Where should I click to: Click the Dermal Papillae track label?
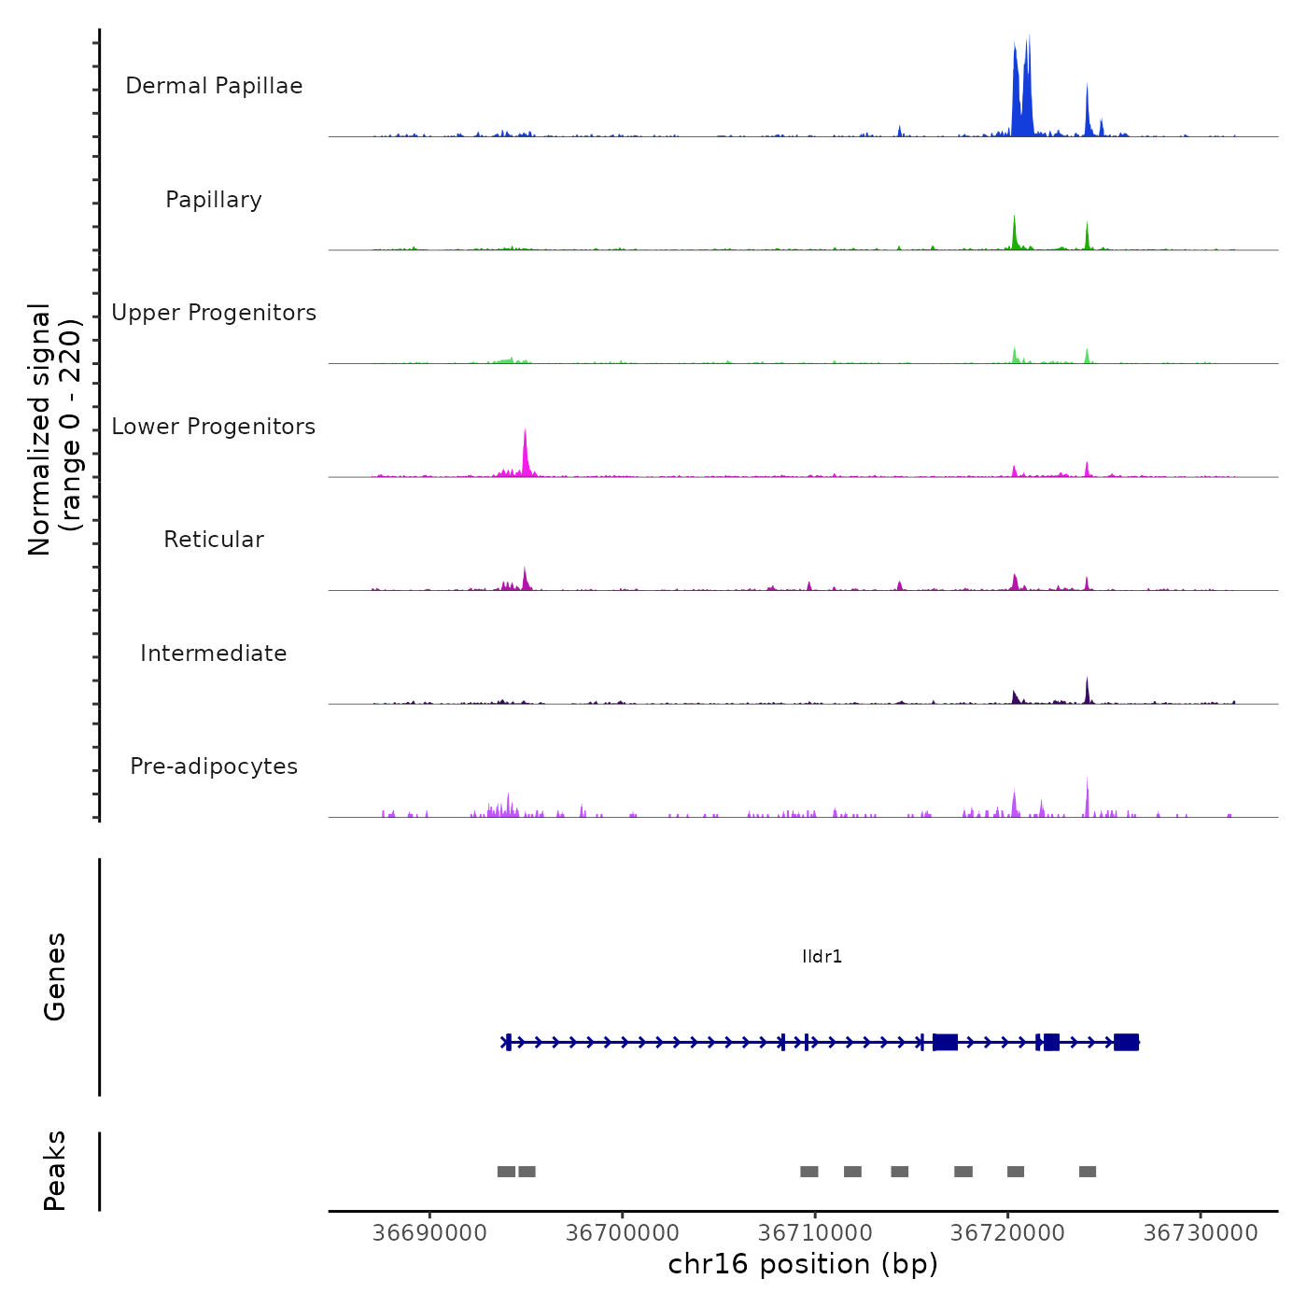(214, 86)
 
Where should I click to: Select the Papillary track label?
(214, 200)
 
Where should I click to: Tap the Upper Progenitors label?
(214, 313)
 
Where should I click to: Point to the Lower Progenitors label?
(214, 427)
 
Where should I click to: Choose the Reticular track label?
(214, 540)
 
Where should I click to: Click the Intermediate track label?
(214, 653)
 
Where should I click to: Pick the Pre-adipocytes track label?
(214, 766)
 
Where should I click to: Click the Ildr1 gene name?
(822, 957)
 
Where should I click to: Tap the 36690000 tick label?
(429, 1233)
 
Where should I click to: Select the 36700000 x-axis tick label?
(623, 1233)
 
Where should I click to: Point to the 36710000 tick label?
(815, 1233)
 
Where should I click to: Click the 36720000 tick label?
(1007, 1233)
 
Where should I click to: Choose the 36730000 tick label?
(1201, 1233)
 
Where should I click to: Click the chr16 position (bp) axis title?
(803, 1264)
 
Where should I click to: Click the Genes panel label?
(55, 977)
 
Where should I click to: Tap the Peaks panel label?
(55, 1171)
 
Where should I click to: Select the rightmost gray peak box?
(1088, 1172)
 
